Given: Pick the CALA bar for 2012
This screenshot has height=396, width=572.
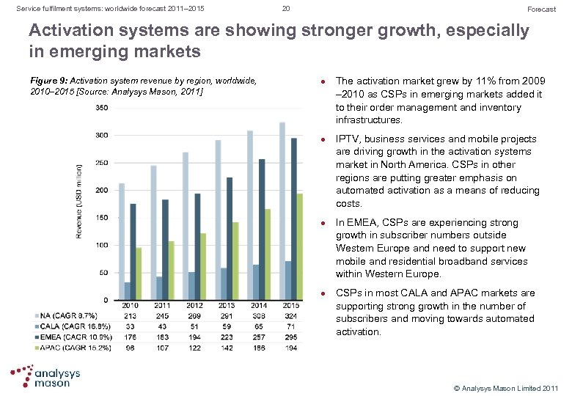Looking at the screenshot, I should click(x=191, y=286).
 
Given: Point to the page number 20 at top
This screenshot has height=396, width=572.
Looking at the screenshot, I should click(x=286, y=8).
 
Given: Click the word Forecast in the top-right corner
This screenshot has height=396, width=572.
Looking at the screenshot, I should click(x=542, y=9).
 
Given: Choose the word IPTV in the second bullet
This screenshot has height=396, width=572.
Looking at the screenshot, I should click(x=348, y=139).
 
